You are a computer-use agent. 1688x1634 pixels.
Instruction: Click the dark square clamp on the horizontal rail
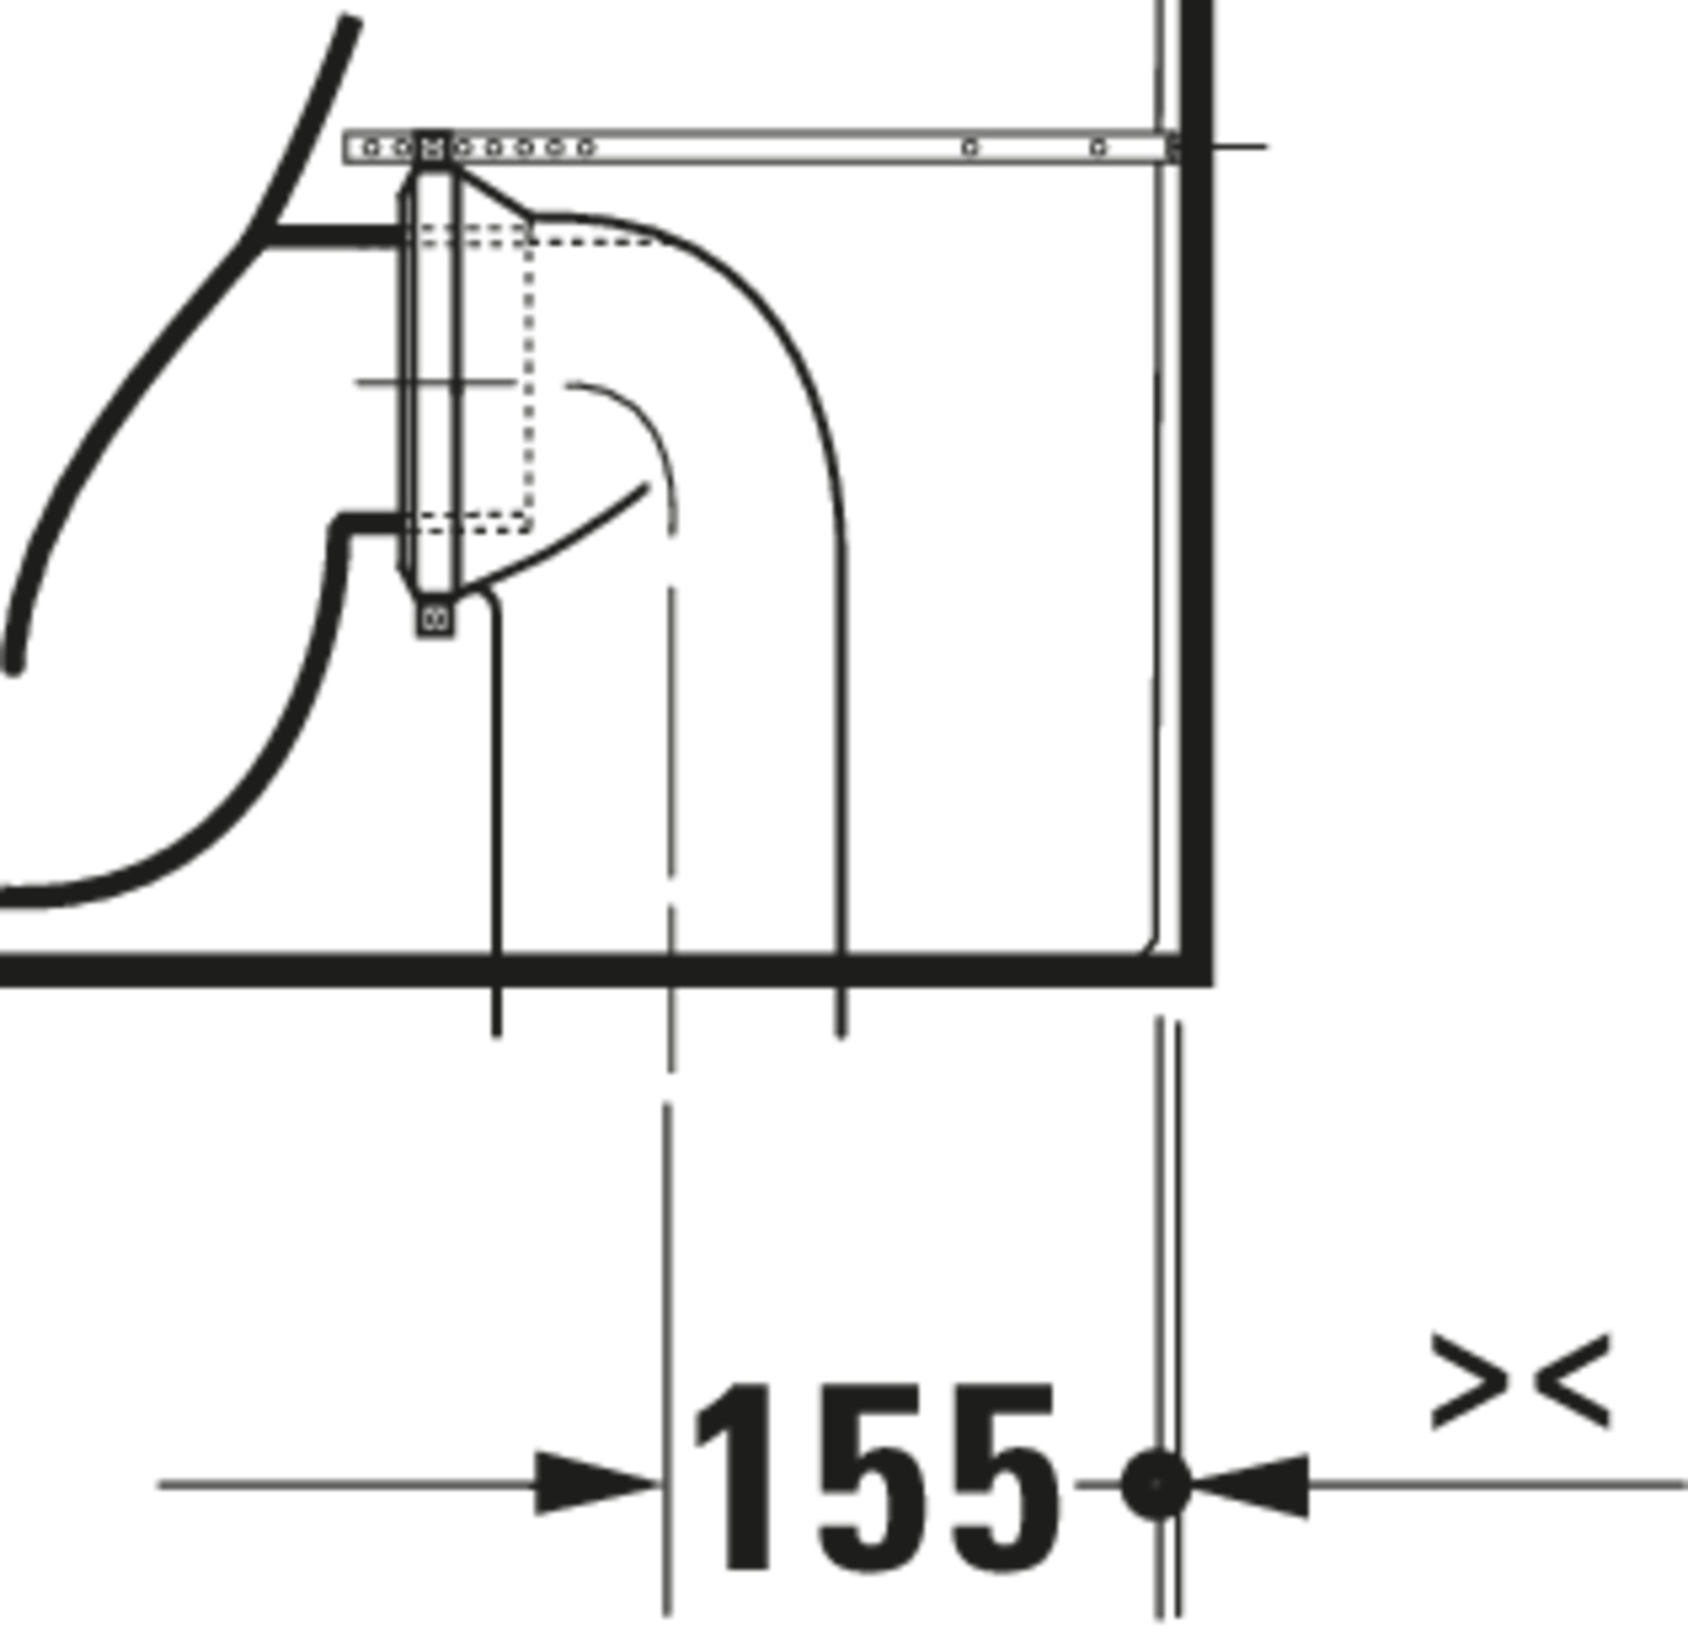(x=432, y=147)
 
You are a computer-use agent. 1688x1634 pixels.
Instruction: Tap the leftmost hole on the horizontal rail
(x=370, y=148)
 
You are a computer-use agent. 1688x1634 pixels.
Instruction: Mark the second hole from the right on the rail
(x=969, y=148)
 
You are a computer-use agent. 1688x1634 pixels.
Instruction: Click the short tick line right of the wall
(x=1240, y=147)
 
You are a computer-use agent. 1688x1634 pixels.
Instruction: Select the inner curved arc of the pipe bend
(x=638, y=422)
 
